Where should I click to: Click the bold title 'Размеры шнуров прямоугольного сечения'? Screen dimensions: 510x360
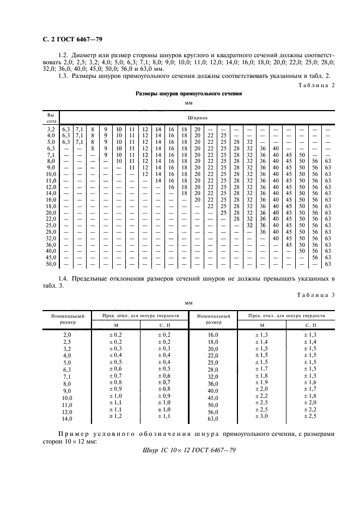[x=188, y=94]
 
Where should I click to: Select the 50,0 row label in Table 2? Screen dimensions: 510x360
[x=51, y=264]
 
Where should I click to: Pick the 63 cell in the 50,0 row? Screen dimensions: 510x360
[x=328, y=264]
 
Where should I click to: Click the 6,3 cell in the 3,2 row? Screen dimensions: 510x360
[x=66, y=129]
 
